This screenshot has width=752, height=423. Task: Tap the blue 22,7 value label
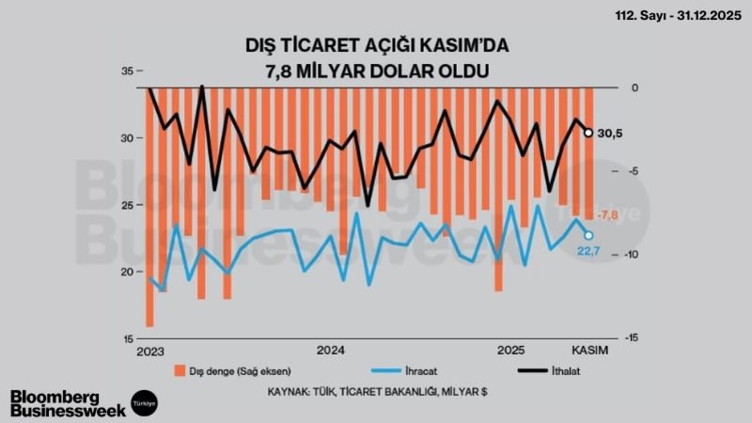[x=588, y=249]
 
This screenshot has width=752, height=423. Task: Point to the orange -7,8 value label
[x=608, y=215]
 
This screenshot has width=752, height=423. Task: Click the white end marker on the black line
[x=589, y=133]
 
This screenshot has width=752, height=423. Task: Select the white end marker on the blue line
[x=589, y=235]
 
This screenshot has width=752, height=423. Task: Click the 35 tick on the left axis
[x=128, y=70]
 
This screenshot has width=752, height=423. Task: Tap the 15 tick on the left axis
[x=128, y=338]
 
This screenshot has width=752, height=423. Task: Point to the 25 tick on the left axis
[x=128, y=205]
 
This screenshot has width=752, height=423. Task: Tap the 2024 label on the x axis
[x=330, y=351]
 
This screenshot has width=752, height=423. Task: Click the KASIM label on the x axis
[x=591, y=351]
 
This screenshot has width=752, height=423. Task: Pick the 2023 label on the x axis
[x=149, y=351]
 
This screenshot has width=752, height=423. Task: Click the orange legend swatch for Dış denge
[x=179, y=369]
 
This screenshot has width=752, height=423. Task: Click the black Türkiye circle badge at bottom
[x=144, y=400]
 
